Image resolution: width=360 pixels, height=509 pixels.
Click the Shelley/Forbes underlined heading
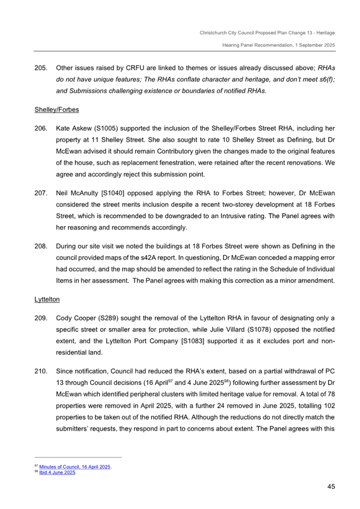(x=57, y=110)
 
